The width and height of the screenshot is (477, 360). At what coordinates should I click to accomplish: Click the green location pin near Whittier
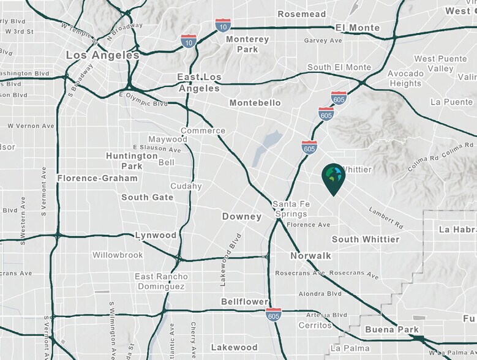(x=333, y=178)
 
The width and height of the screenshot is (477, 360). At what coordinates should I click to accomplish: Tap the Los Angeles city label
(x=103, y=55)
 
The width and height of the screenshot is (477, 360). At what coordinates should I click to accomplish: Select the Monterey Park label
(x=247, y=44)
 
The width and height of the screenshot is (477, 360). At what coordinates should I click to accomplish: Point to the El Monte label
(x=358, y=28)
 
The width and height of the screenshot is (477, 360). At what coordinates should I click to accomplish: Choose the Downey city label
(x=242, y=217)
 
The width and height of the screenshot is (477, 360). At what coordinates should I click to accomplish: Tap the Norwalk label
(x=311, y=255)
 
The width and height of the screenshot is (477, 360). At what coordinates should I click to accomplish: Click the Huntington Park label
(x=132, y=160)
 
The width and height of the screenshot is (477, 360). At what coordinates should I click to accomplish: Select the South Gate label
(x=147, y=197)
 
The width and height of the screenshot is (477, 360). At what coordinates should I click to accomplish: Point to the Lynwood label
(x=156, y=235)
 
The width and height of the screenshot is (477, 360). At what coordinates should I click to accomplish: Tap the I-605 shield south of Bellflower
(x=274, y=315)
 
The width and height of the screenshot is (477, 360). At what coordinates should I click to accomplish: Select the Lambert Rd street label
(x=385, y=217)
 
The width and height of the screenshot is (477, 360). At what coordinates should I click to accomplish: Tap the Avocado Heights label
(x=405, y=78)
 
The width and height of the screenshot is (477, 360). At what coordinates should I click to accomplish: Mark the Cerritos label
(x=315, y=325)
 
